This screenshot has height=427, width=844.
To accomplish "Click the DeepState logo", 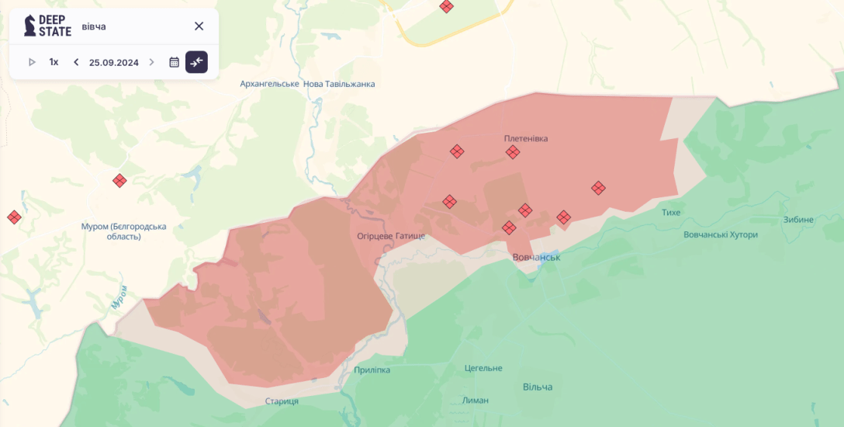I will pyautogui.click(x=47, y=26).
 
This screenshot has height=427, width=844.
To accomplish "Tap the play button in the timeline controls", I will pyautogui.click(x=32, y=62).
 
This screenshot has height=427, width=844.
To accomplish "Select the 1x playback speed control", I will pyautogui.click(x=54, y=62).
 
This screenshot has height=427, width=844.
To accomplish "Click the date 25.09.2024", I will pyautogui.click(x=113, y=62).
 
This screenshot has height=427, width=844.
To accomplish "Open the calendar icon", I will pyautogui.click(x=174, y=62).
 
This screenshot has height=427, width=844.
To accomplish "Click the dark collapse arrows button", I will pyautogui.click(x=196, y=62).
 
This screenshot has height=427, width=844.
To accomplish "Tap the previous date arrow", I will pyautogui.click(x=76, y=62).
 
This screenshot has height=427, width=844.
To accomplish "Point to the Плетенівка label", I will pyautogui.click(x=526, y=138).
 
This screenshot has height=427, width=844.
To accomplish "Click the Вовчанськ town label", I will pyautogui.click(x=536, y=257).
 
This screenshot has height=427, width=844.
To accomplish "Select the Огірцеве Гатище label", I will pyautogui.click(x=391, y=235).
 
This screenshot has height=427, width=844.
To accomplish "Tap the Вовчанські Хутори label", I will pyautogui.click(x=721, y=234).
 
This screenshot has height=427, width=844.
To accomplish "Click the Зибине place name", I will pyautogui.click(x=798, y=219).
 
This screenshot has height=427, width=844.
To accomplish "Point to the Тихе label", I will pyautogui.click(x=671, y=212).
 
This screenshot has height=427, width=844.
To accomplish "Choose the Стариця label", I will pyautogui.click(x=282, y=401).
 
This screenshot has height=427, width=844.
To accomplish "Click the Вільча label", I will pyautogui.click(x=538, y=387).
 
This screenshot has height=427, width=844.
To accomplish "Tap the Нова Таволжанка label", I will pyautogui.click(x=339, y=84).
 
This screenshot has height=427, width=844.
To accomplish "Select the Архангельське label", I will pyautogui.click(x=269, y=84).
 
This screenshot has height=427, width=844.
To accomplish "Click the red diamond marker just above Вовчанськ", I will pyautogui.click(x=509, y=227).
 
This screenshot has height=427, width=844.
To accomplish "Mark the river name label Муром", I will pyautogui.click(x=119, y=298).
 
